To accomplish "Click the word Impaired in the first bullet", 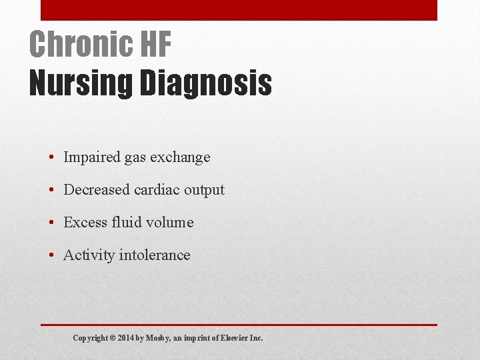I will tap(91, 157).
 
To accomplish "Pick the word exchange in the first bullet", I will tap(180, 157).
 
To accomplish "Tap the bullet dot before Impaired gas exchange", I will tap(51, 158).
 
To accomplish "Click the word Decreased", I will tap(97, 190).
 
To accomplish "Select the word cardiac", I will tap(157, 190).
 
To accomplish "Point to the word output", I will tap(204, 190).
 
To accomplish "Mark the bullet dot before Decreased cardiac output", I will tap(51, 191).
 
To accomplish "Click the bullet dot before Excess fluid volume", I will tap(51, 223).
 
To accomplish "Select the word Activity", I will tap(87, 255).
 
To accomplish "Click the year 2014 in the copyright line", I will tap(126, 338).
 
